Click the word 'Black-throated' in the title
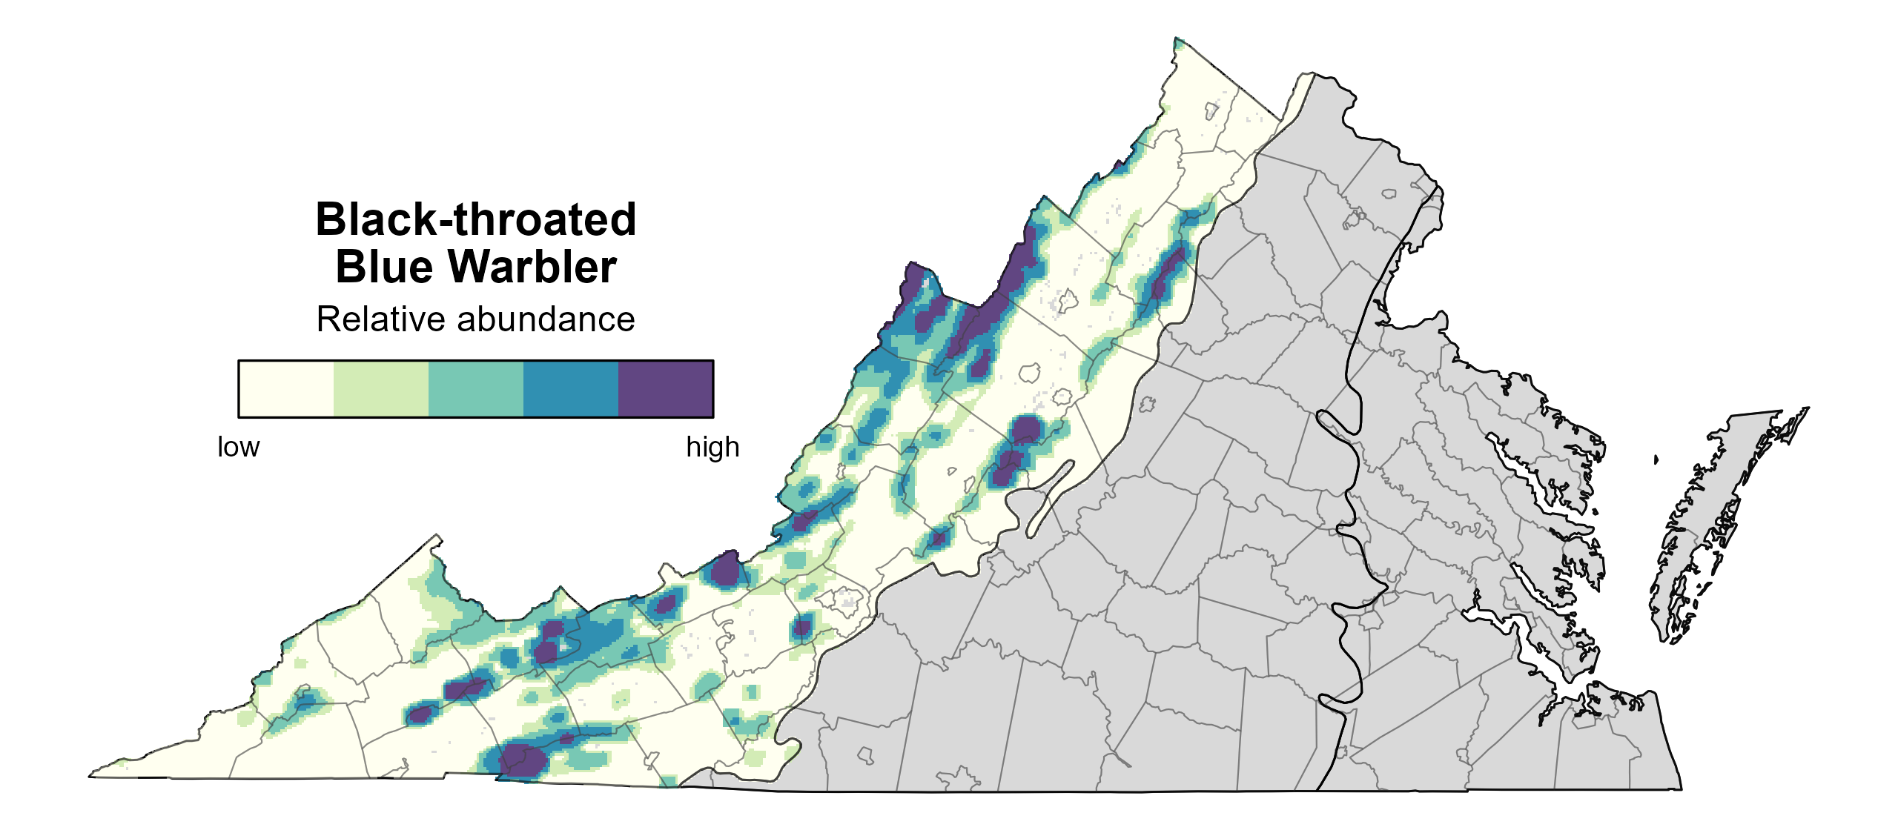point(475,219)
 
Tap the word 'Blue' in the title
point(384,267)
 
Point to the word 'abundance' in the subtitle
point(546,319)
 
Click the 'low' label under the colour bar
point(238,448)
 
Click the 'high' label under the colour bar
point(712,448)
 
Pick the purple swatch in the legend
point(665,389)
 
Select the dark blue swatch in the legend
point(570,389)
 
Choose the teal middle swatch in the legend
point(475,389)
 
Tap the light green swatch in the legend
point(380,389)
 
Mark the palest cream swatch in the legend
point(286,389)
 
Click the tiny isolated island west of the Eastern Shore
point(1656,460)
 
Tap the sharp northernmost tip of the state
point(1176,39)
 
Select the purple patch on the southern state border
point(521,761)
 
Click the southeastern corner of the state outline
point(1681,788)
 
